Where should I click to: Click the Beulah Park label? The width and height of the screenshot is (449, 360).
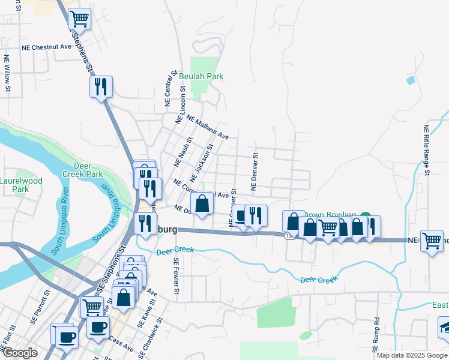pos(201,76)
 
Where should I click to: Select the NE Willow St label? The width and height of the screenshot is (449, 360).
pos(7,74)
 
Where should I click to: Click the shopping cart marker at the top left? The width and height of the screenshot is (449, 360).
pos(79,20)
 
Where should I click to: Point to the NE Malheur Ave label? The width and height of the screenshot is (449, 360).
pos(208,127)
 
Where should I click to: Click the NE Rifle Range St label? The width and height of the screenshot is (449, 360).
pos(426,150)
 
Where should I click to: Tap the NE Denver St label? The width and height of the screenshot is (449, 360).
pos(255,172)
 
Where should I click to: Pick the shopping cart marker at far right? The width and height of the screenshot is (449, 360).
pos(432,241)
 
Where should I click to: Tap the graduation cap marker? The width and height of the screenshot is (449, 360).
pos(445,327)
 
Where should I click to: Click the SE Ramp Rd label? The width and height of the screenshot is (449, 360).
pos(377,331)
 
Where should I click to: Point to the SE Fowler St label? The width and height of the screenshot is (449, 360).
pos(176,277)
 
